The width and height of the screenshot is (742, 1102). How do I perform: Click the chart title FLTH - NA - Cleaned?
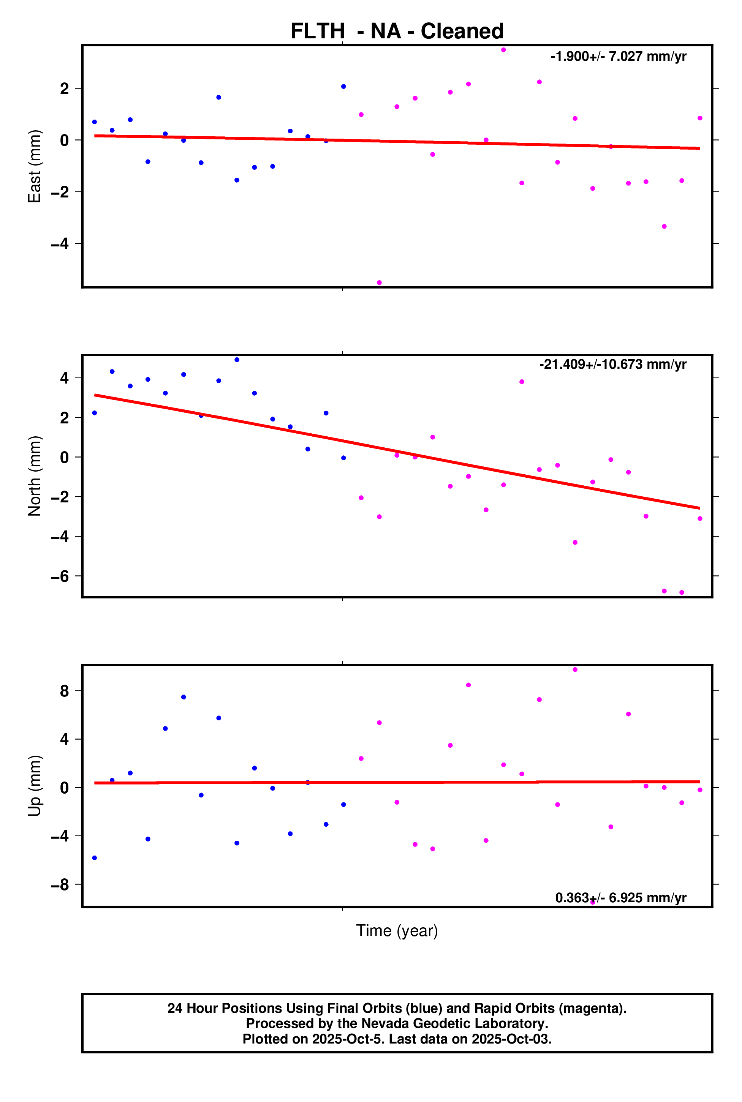(397, 31)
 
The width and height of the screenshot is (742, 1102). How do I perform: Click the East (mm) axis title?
(35, 166)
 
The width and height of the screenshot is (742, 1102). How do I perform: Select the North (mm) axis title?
(35, 476)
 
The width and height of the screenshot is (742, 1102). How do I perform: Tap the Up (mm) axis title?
(35, 786)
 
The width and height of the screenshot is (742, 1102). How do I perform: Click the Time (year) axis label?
(397, 930)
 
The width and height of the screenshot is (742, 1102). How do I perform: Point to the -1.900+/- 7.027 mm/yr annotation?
(618, 56)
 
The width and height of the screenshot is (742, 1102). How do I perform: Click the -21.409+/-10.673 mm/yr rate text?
(612, 364)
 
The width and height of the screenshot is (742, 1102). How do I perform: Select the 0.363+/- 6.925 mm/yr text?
(620, 898)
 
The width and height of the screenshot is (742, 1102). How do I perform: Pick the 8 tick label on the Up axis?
(64, 692)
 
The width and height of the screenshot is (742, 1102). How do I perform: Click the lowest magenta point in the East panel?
(379, 283)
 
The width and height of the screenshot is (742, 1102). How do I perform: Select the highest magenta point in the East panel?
(503, 50)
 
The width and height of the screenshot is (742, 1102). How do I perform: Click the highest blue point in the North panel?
(237, 360)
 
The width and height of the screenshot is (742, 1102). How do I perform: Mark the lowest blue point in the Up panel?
(95, 858)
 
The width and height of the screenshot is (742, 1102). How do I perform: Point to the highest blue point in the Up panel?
(184, 697)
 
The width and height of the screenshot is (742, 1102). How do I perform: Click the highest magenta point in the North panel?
(522, 382)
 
